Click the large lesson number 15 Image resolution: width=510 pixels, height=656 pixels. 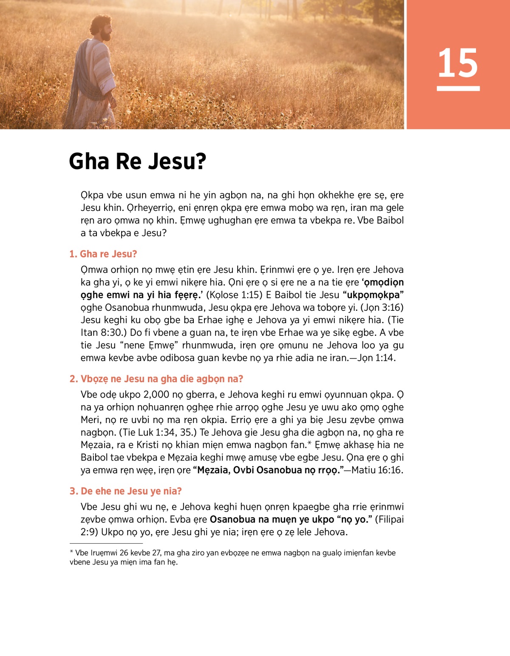458,63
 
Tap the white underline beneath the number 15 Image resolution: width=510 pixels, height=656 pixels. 458,88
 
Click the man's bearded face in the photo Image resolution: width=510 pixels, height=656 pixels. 105,31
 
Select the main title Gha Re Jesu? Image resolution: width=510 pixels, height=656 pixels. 137,161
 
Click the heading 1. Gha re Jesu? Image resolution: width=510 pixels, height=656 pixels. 103,254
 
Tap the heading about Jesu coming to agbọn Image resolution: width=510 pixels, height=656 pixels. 156,379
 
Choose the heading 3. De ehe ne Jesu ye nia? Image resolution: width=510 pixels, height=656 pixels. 125,491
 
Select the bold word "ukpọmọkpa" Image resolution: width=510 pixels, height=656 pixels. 373,295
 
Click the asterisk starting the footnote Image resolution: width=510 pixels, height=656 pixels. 71,552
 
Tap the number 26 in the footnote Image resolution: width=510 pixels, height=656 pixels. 124,553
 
